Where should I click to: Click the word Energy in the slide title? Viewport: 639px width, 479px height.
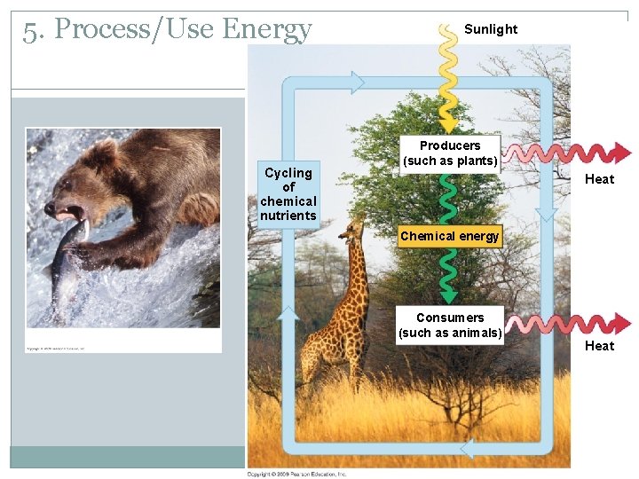267,30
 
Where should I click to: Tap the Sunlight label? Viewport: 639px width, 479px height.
491,29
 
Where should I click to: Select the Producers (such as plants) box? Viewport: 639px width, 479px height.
450,153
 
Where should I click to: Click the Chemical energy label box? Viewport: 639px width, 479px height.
450,236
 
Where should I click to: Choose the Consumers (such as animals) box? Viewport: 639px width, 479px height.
450,325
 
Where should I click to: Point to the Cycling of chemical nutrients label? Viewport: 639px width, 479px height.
288,194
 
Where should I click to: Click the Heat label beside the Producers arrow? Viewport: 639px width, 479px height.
599,179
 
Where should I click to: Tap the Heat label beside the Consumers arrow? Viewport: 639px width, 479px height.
599,346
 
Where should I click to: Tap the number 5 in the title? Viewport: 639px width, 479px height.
31,30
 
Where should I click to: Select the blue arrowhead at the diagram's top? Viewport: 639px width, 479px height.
354,82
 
